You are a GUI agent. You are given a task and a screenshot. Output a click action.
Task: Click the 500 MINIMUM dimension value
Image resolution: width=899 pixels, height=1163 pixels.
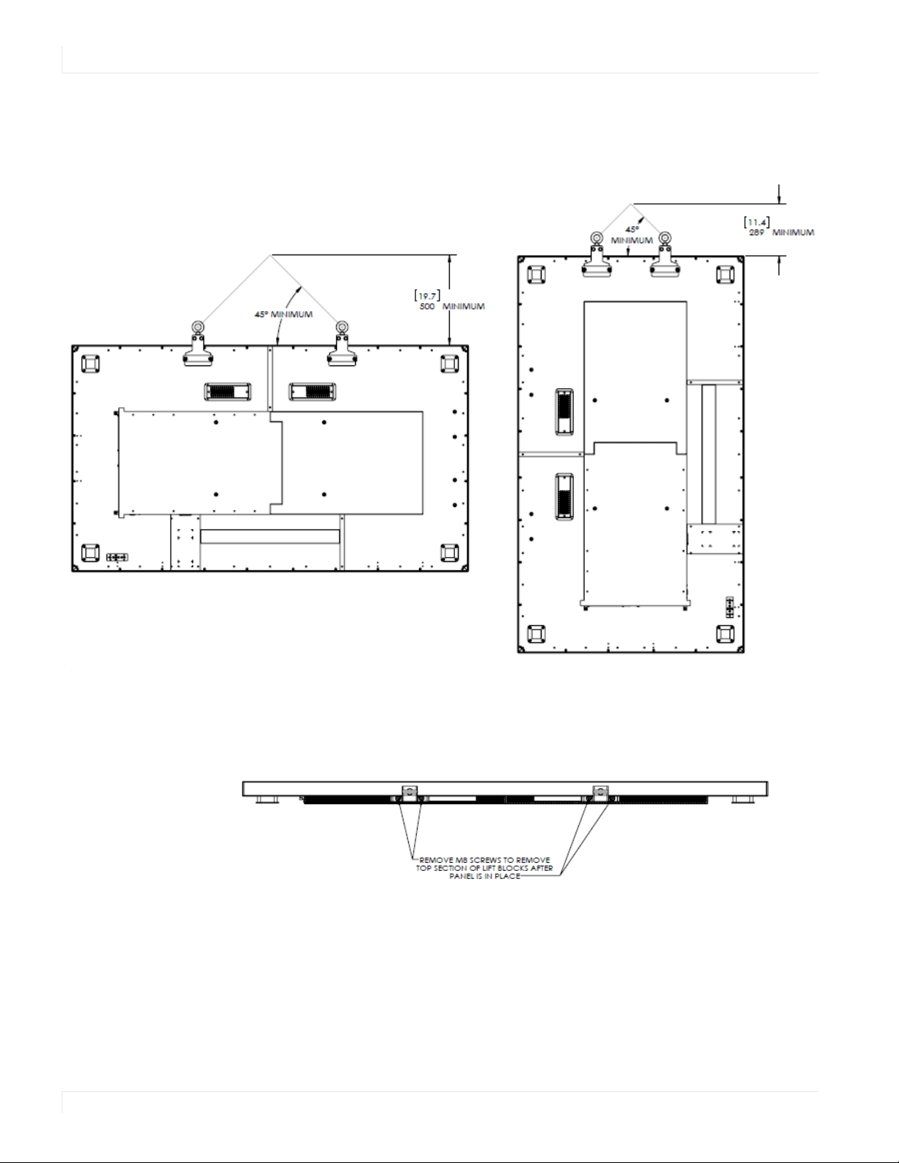point(452,307)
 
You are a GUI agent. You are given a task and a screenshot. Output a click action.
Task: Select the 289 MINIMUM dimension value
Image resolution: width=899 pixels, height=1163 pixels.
point(782,233)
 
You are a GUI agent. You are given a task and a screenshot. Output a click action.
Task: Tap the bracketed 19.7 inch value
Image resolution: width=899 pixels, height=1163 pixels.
point(428,296)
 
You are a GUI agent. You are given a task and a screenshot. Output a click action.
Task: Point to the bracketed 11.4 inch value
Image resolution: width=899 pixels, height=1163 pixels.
point(757,222)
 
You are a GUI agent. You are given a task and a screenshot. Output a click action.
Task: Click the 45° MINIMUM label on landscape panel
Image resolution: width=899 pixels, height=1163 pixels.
point(283,314)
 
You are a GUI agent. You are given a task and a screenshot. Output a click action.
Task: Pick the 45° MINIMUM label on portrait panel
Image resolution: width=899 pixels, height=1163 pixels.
point(632,236)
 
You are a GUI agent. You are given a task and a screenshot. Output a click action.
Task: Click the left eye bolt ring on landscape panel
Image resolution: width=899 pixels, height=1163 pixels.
point(197,327)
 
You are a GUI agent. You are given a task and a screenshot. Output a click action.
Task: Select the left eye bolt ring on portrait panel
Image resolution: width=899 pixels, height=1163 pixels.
point(596,238)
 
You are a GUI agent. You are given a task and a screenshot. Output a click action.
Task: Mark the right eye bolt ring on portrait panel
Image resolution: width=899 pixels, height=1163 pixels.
point(665,238)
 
